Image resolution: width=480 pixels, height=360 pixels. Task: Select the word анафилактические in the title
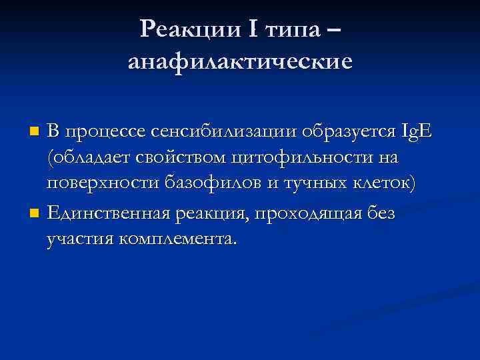(x=239, y=62)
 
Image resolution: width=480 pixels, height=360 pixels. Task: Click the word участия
(x=78, y=238)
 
